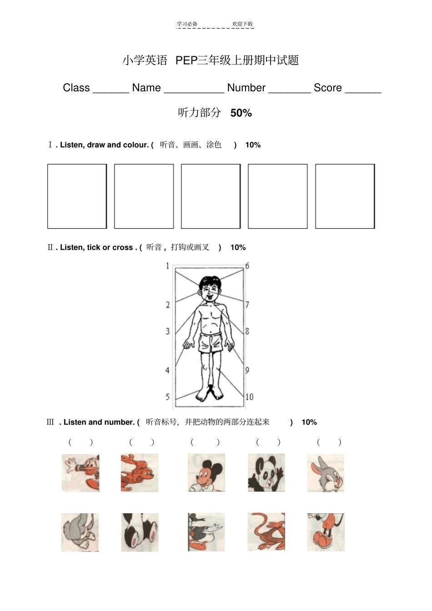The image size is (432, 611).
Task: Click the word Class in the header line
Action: click(x=76, y=88)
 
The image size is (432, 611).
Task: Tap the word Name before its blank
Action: click(x=146, y=88)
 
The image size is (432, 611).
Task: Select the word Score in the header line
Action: click(x=327, y=88)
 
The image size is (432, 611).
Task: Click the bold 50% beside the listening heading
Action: click(x=241, y=113)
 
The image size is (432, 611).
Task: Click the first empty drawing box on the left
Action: click(x=77, y=196)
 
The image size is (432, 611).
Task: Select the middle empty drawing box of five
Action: click(x=211, y=196)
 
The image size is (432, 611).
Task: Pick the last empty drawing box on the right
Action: click(x=345, y=196)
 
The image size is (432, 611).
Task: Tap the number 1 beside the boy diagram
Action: click(x=167, y=265)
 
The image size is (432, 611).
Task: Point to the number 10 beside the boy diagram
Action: click(x=249, y=397)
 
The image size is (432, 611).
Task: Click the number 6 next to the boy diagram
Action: click(x=247, y=265)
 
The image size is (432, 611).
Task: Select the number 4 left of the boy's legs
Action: click(x=167, y=371)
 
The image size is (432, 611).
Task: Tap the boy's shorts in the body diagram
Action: click(x=211, y=342)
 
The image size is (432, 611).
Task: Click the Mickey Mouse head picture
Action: click(x=206, y=473)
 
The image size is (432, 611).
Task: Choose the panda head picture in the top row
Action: click(x=266, y=473)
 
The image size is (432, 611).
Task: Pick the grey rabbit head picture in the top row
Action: click(x=325, y=473)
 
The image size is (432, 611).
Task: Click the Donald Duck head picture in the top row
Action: click(x=80, y=473)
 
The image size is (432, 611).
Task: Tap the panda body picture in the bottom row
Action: click(x=140, y=532)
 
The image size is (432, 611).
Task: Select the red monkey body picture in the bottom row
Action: click(x=266, y=532)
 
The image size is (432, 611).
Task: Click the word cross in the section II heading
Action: click(x=122, y=247)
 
